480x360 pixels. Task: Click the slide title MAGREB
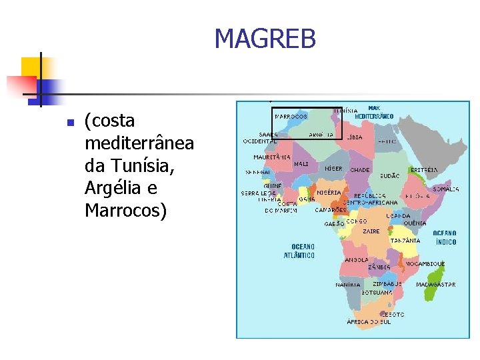point(265,40)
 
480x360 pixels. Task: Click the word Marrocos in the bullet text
point(123,211)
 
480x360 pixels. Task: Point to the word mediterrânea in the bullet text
point(139,143)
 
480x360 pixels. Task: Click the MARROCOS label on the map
point(291,116)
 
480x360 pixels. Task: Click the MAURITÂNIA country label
point(271,157)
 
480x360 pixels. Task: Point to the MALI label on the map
point(301,163)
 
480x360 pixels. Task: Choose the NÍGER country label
point(333,169)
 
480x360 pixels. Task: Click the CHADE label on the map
point(360,170)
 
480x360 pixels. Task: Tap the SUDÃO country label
point(389,176)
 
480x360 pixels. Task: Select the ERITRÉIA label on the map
point(424,170)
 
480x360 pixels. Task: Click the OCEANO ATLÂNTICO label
point(299,251)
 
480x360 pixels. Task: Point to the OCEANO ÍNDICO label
point(445,238)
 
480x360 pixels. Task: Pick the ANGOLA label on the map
point(357,260)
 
